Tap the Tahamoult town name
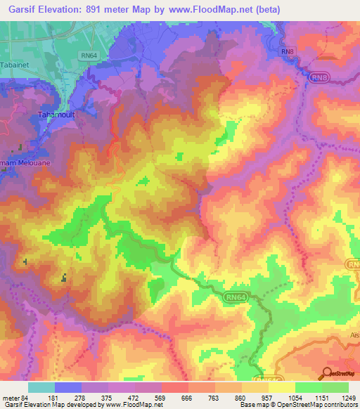click(x=55, y=113)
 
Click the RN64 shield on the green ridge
click(x=236, y=298)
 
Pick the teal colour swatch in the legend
click(x=41, y=387)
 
